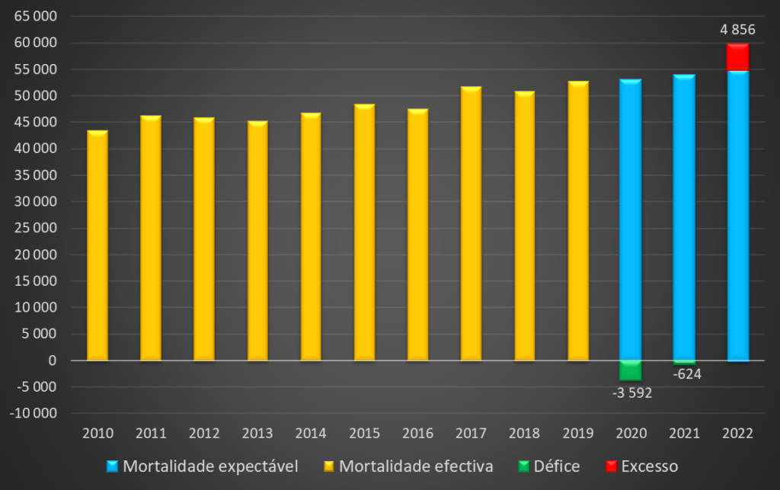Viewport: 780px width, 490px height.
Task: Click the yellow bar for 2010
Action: pyautogui.click(x=97, y=245)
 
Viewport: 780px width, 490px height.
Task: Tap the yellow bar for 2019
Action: pyautogui.click(x=578, y=221)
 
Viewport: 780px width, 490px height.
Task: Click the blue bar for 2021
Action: pyautogui.click(x=684, y=217)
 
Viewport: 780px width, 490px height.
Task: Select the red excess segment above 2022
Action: pyautogui.click(x=737, y=57)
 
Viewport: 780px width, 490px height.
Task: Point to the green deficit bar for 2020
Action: pyautogui.click(x=631, y=370)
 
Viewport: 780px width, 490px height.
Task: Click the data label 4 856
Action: pyautogui.click(x=737, y=30)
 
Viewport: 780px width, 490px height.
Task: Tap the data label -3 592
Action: pyautogui.click(x=632, y=393)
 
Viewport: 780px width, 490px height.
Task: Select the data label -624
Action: pyautogui.click(x=687, y=374)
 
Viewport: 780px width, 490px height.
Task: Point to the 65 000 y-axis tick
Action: pyautogui.click(x=37, y=16)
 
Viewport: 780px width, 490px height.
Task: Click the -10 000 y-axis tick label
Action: pyautogui.click(x=34, y=414)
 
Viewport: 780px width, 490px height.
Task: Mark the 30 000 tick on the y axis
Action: pyautogui.click(x=37, y=202)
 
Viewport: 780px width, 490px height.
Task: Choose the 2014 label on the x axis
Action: pyautogui.click(x=311, y=434)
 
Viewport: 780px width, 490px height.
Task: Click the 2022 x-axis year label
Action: pyautogui.click(x=737, y=434)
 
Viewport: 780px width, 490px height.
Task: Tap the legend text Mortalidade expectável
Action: pyautogui.click(x=210, y=466)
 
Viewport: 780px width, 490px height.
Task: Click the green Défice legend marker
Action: pyautogui.click(x=523, y=466)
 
